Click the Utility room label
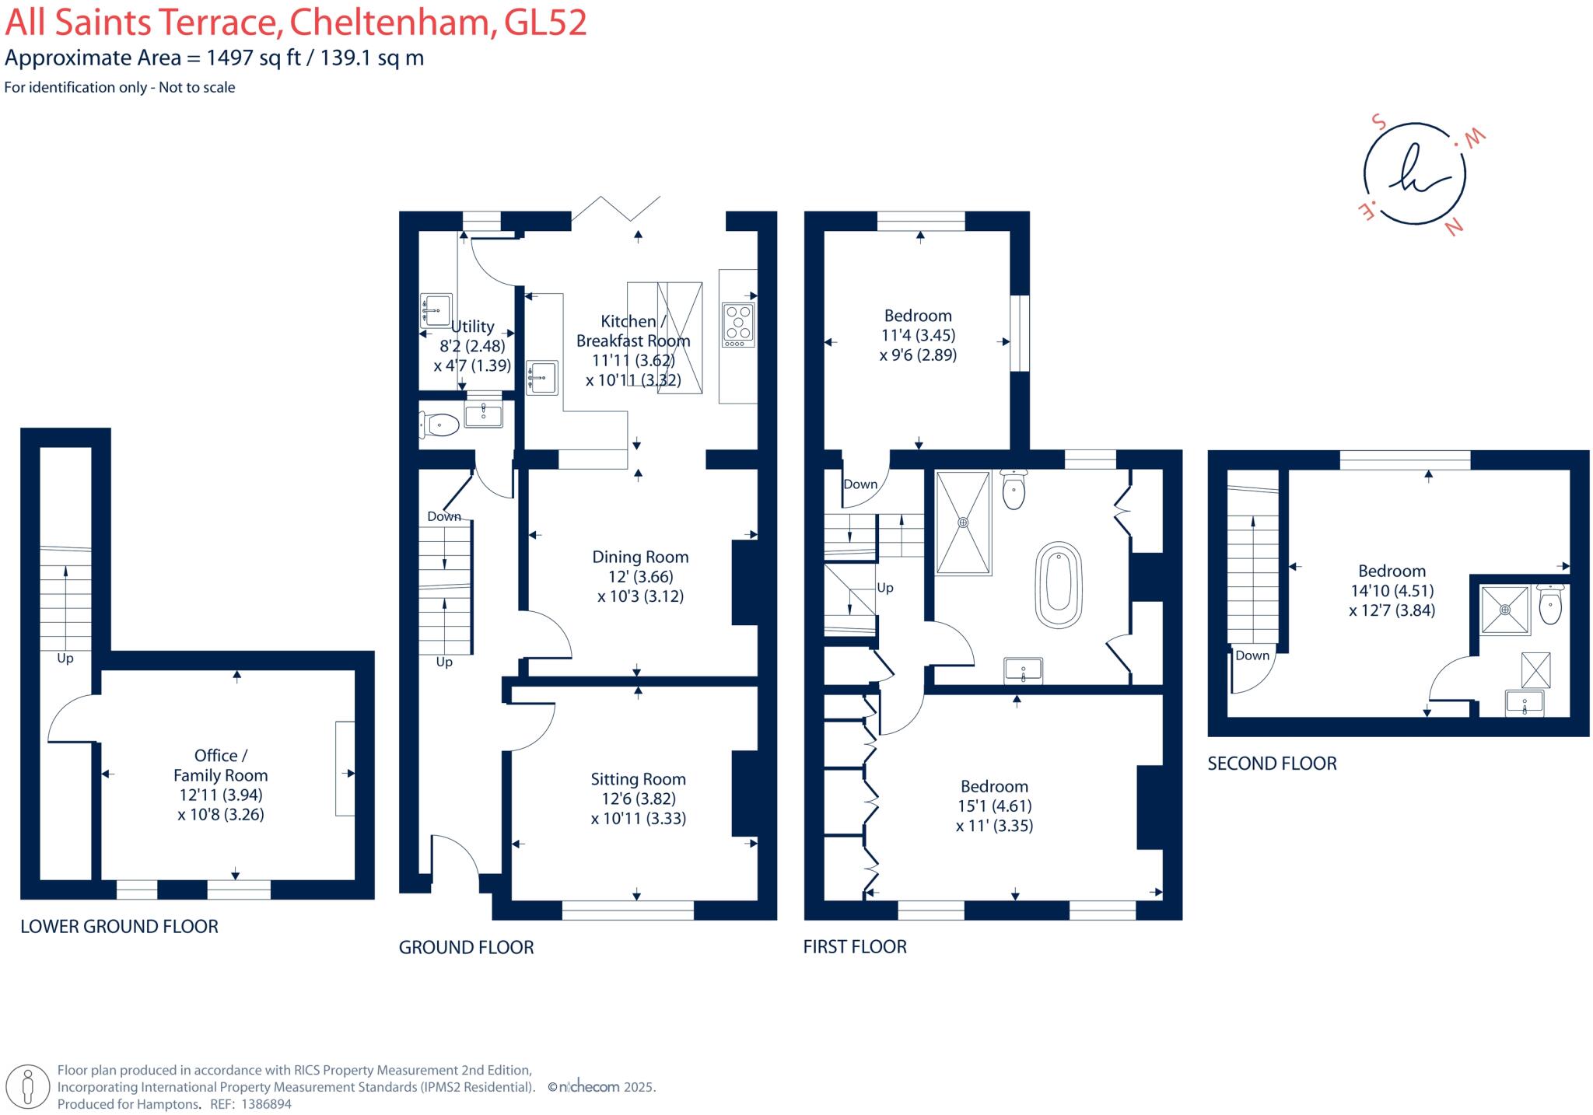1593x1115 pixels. click(x=472, y=327)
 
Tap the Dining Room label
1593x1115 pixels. click(x=640, y=557)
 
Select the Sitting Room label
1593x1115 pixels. click(x=638, y=779)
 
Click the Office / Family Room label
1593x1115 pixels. click(x=221, y=765)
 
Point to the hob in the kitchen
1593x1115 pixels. click(x=738, y=324)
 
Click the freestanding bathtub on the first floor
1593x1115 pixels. click(x=1059, y=585)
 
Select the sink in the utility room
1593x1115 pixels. click(x=436, y=310)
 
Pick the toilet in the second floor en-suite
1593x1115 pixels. click(x=1550, y=604)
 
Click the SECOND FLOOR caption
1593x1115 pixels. click(x=1272, y=764)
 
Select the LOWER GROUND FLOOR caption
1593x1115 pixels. click(x=119, y=926)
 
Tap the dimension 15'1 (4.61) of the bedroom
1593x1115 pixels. click(x=995, y=806)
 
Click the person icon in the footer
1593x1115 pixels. click(x=29, y=1085)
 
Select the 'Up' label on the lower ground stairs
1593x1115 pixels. click(x=65, y=659)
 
